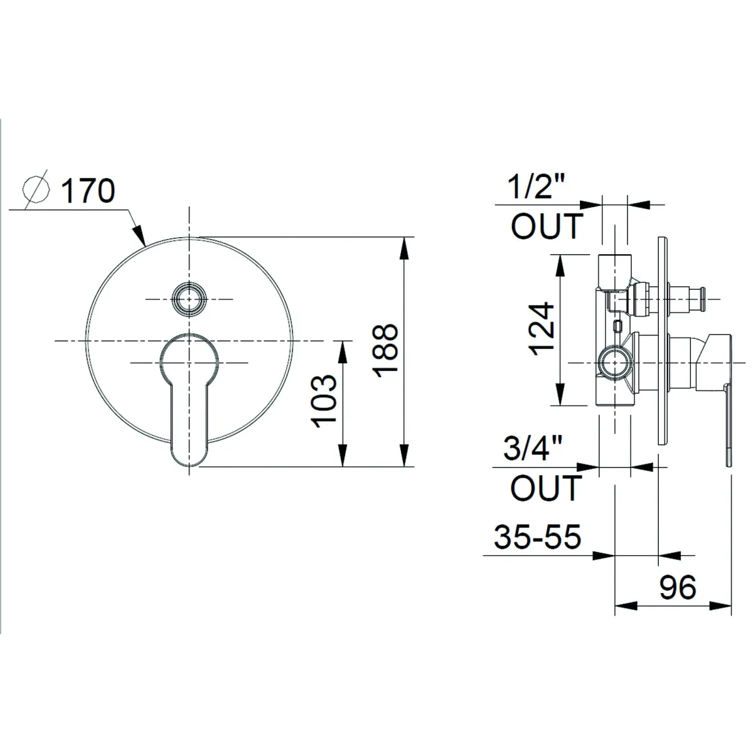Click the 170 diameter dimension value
click(88, 191)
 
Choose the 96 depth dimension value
click(678, 587)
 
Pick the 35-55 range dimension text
click(538, 537)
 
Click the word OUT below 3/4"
click(546, 488)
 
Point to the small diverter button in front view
click(189, 299)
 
